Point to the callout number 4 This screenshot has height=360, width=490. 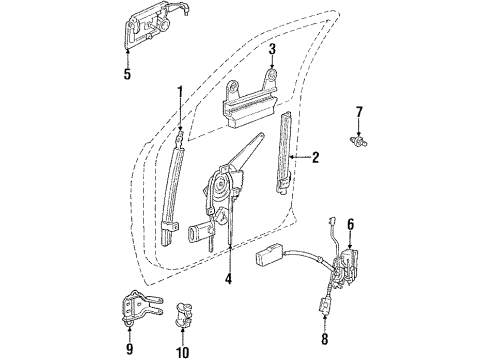[x=228, y=281]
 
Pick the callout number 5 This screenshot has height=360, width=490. [x=126, y=72]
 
